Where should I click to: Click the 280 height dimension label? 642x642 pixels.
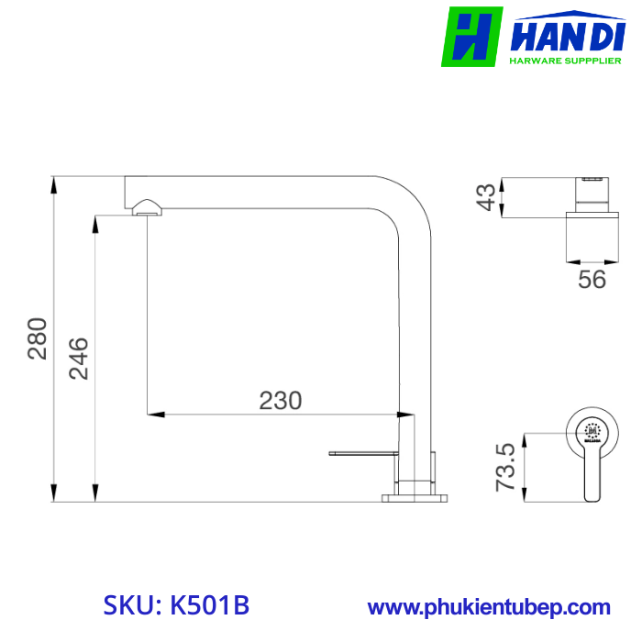click(37, 338)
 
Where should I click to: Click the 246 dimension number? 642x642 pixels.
click(79, 359)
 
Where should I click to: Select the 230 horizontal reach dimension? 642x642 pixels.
click(280, 400)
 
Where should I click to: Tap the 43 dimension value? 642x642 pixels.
click(487, 196)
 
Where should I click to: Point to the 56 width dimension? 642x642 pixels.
click(592, 279)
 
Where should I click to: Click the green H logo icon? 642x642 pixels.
click(471, 37)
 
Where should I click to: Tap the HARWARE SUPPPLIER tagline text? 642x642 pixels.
click(566, 61)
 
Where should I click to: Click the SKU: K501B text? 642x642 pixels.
click(175, 606)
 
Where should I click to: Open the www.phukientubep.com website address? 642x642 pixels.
click(489, 607)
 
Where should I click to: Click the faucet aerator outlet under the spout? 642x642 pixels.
click(147, 209)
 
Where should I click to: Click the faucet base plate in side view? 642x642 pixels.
click(415, 497)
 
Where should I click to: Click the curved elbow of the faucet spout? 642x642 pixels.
click(408, 200)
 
